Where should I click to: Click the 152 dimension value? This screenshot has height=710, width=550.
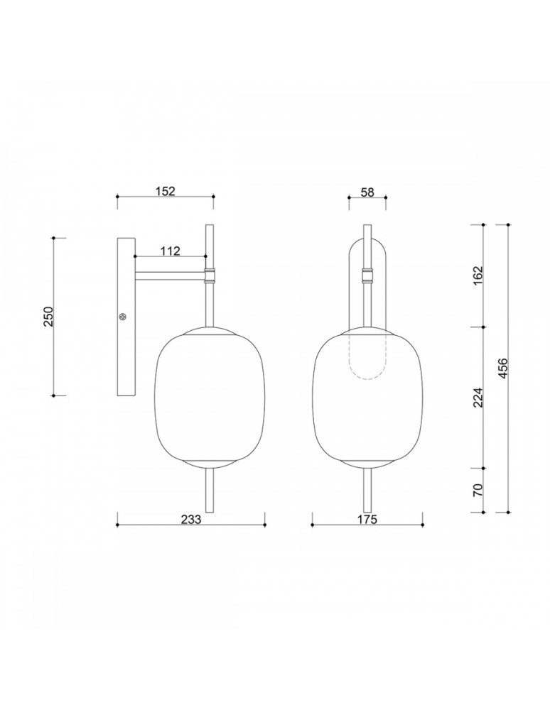point(164,190)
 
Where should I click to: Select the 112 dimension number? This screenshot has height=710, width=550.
point(169,251)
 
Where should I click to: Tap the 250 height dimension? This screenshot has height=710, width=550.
point(48,316)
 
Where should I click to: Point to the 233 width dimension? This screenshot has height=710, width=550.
point(190,519)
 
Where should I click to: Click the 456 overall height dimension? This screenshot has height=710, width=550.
point(502,368)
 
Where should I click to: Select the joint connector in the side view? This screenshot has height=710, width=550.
point(210,275)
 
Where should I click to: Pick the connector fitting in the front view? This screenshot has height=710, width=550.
point(367,275)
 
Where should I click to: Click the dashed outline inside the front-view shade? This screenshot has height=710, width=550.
point(367,362)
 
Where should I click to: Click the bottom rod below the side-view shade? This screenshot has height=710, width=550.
point(210,490)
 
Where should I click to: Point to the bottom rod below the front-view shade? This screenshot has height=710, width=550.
point(367,490)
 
